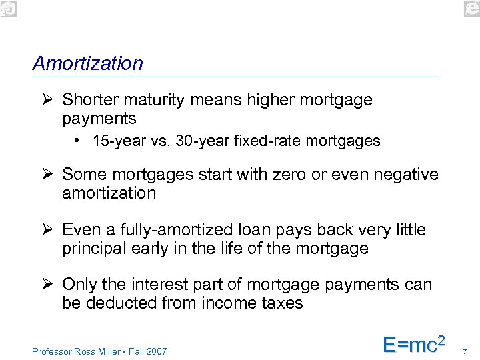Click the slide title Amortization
(x=87, y=63)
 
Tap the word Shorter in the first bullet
(x=87, y=100)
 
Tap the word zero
(x=290, y=175)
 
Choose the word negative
(x=407, y=175)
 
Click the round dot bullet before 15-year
(x=79, y=141)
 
